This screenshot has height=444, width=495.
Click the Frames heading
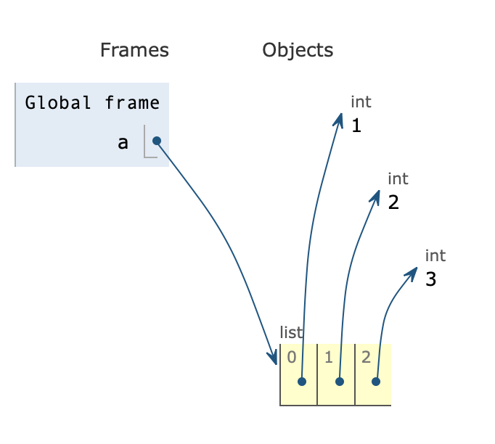134,50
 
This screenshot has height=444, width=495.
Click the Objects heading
298,50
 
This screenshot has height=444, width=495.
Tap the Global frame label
92,103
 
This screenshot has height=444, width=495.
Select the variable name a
123,142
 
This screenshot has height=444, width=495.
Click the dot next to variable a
156,141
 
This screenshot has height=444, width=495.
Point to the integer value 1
356,126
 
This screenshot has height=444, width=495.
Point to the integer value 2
393,202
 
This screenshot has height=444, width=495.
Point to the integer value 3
430,279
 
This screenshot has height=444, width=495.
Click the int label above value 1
361,102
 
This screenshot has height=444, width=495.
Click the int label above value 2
398,178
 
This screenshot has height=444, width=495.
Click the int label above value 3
435,255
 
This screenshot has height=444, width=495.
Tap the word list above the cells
290,332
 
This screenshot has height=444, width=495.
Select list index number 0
291,356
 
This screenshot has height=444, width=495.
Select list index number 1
328,356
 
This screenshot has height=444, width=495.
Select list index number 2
365,356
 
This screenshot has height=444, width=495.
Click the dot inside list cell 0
302,381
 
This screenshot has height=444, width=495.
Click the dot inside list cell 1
339,381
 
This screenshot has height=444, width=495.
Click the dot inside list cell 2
376,381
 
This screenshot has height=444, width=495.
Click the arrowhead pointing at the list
274,358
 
